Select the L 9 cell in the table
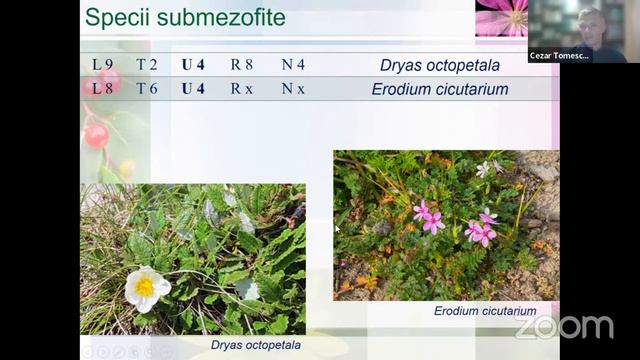pos(103,65)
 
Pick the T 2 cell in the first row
pos(147,65)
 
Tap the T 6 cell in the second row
pos(147,89)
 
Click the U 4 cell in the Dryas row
pos(193,65)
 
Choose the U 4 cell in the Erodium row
pos(193,89)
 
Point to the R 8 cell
pos(242,65)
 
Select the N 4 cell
pos(293,65)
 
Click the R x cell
pos(242,89)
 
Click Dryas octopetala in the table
pos(439,66)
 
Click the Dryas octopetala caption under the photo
pos(255,346)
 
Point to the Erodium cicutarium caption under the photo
pos(485,311)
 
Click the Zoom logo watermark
pos(564,327)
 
